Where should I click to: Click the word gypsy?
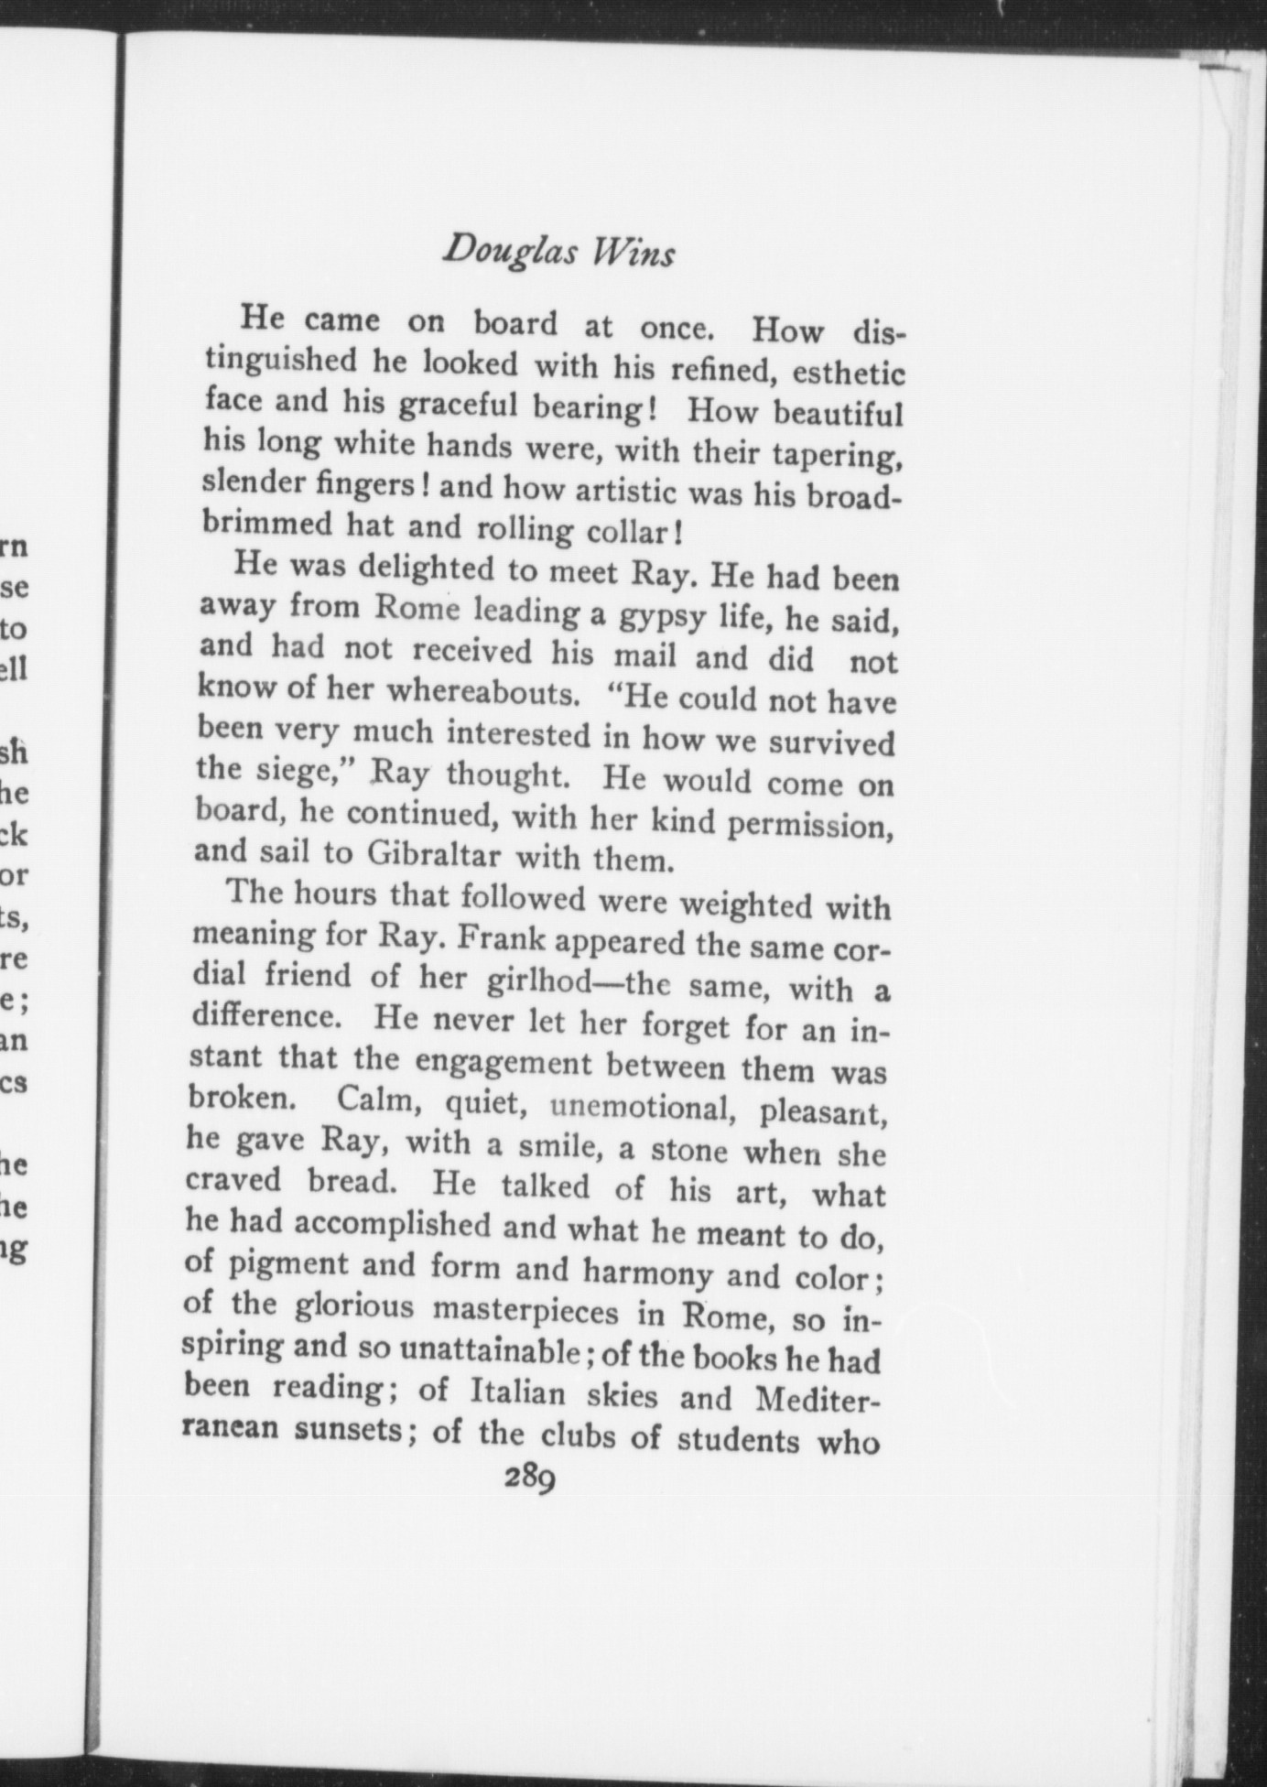pos(660,617)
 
